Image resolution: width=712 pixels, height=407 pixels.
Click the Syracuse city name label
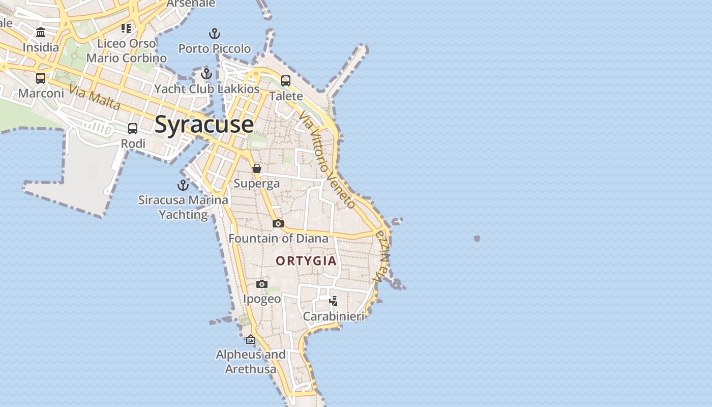pyautogui.click(x=204, y=125)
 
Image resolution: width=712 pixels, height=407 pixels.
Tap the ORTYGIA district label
pyautogui.click(x=306, y=261)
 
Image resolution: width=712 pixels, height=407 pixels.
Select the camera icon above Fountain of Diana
pyautogui.click(x=278, y=223)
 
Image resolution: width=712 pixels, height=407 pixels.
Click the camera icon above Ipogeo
pyautogui.click(x=262, y=284)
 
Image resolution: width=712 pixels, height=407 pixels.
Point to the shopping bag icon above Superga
pyautogui.click(x=257, y=168)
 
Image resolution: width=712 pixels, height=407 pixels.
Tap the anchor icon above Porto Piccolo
pyautogui.click(x=215, y=34)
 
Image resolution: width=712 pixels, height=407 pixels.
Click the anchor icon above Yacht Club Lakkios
pyautogui.click(x=206, y=74)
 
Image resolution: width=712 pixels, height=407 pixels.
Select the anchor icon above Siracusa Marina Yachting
pyautogui.click(x=183, y=185)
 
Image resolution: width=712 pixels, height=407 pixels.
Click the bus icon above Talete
pyautogui.click(x=286, y=81)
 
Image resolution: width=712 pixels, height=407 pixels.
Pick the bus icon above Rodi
pyautogui.click(x=133, y=129)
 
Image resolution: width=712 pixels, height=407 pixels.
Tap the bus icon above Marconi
pyautogui.click(x=41, y=78)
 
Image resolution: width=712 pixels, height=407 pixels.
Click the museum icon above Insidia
pyautogui.click(x=41, y=33)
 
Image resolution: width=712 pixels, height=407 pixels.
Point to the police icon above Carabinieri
pyautogui.click(x=334, y=301)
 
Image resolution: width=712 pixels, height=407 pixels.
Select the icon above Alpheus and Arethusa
pyautogui.click(x=251, y=339)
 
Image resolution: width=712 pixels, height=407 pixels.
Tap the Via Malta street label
pyautogui.click(x=95, y=98)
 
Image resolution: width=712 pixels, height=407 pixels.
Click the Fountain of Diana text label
pyautogui.click(x=278, y=238)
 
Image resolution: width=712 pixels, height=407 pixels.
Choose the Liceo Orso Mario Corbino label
pyautogui.click(x=126, y=51)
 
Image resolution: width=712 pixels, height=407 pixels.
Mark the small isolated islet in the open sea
pyautogui.click(x=477, y=238)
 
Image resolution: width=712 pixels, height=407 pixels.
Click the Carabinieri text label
pyautogui.click(x=334, y=316)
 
